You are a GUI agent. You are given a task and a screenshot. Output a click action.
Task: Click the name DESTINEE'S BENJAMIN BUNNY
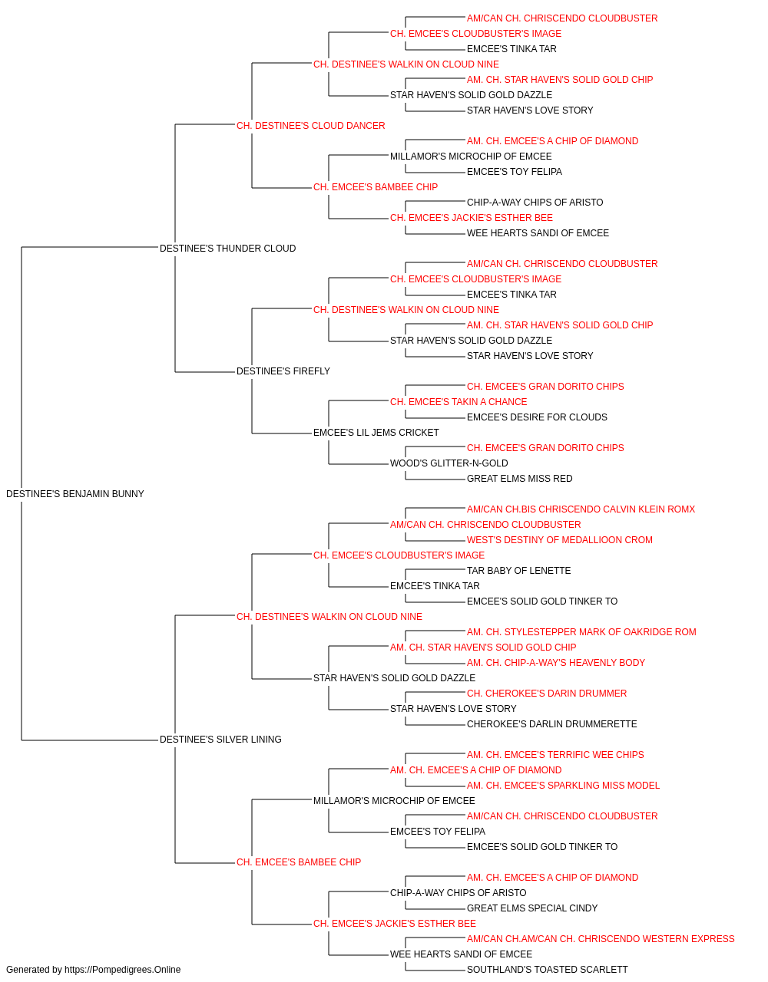coord(75,494)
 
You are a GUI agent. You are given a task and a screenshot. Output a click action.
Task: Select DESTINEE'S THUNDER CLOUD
coord(227,249)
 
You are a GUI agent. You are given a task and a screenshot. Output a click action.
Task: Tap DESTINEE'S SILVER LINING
coord(220,740)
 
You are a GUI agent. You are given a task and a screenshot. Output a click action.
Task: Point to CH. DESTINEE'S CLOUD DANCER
coord(311,126)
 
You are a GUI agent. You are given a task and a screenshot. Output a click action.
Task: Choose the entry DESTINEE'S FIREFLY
coord(283,371)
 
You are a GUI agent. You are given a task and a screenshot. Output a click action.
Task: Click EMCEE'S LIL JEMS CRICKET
coord(376,433)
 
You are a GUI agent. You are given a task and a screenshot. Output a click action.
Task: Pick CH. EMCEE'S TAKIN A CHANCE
coord(458,402)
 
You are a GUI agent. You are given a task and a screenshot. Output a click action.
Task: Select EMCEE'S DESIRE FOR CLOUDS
coord(537,417)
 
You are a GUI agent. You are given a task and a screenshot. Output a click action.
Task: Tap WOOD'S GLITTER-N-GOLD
coord(449,463)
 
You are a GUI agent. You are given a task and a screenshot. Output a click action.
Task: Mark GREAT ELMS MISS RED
coord(519,479)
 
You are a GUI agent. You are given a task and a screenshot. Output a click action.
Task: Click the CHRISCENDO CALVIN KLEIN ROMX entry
coord(581,509)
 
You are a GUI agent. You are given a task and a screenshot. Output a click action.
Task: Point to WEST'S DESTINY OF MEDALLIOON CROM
coord(560,540)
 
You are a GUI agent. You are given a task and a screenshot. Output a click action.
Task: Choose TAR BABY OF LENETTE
coord(518,571)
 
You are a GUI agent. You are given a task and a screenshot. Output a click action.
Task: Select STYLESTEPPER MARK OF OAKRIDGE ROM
coord(581,632)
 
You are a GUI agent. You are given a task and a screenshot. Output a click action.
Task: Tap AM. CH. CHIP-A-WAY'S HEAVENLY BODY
coord(556,663)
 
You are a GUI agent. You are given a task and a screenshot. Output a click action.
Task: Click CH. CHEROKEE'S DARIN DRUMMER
coord(546,694)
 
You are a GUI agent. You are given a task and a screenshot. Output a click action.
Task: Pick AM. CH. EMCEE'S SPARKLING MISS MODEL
coord(563,786)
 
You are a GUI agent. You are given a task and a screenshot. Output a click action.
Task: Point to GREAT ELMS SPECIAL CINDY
coord(532,908)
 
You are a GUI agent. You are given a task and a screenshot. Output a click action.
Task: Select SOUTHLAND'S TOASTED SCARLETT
coord(547,970)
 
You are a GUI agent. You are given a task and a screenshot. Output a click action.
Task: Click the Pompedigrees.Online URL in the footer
coord(122,970)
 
